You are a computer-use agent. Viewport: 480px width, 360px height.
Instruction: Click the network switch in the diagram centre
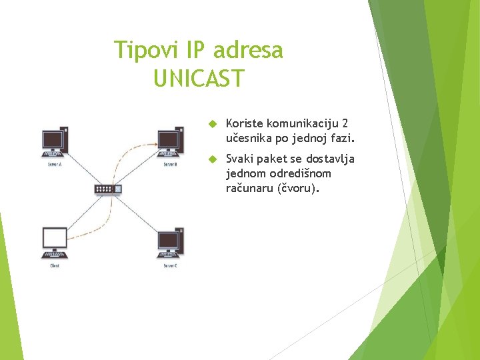(108, 189)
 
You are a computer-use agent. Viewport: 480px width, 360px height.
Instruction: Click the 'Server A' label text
(55, 164)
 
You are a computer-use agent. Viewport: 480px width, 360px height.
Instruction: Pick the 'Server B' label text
(170, 164)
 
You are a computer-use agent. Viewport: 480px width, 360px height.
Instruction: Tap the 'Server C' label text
(170, 265)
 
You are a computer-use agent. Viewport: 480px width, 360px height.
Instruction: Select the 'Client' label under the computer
(55, 265)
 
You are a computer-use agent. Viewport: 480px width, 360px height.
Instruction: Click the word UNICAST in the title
(199, 79)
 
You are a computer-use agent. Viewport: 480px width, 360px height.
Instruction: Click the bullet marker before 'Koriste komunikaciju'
(213, 124)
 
